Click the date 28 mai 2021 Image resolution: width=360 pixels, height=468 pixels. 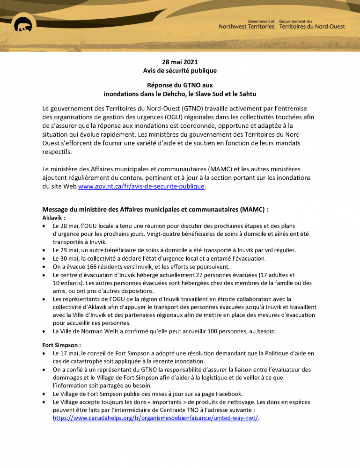[x=180, y=62]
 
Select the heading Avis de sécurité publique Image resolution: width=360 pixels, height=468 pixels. [x=180, y=71]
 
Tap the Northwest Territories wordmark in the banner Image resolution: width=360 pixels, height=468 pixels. [x=247, y=27]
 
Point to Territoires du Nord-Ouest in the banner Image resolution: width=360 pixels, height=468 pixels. [x=312, y=27]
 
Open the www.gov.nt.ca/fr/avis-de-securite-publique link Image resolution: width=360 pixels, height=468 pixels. [x=141, y=186]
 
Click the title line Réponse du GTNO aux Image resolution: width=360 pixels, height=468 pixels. [x=180, y=86]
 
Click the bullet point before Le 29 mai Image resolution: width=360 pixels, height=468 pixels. [x=44, y=250]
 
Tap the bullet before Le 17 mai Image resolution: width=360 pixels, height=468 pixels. [x=44, y=353]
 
